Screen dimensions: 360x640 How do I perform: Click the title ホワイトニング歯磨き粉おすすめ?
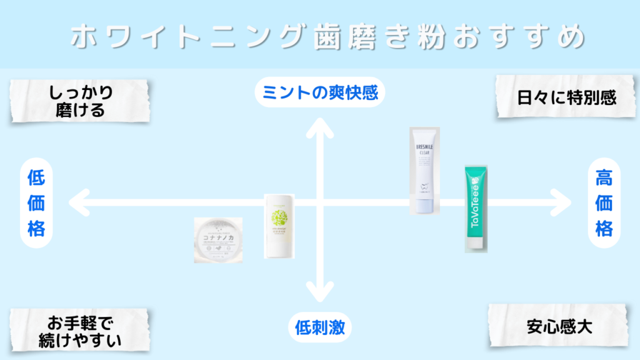(328, 37)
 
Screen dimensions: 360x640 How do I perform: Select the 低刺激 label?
(319, 327)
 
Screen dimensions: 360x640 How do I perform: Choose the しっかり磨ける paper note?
(81, 101)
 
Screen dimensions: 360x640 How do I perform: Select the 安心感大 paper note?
(559, 326)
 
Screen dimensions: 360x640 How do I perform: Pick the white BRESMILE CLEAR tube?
(425, 170)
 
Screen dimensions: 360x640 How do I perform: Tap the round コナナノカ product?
(217, 239)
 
